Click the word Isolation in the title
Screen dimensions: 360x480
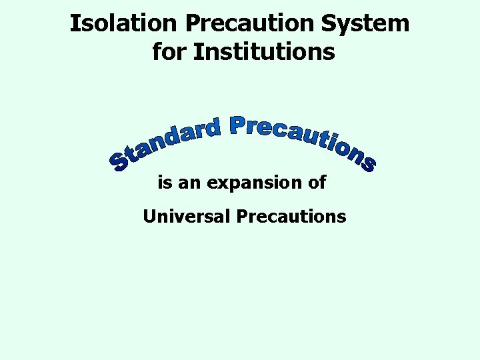pos(124,23)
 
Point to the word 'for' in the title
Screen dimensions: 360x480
pos(169,51)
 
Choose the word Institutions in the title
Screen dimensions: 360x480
pos(264,51)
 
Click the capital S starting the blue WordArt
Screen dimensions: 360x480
pos(121,161)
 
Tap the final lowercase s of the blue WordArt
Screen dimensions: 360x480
pos(366,163)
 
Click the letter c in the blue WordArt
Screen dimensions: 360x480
pos(277,129)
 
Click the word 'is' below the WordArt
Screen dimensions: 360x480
pos(164,182)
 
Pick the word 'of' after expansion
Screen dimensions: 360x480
pos(317,182)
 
